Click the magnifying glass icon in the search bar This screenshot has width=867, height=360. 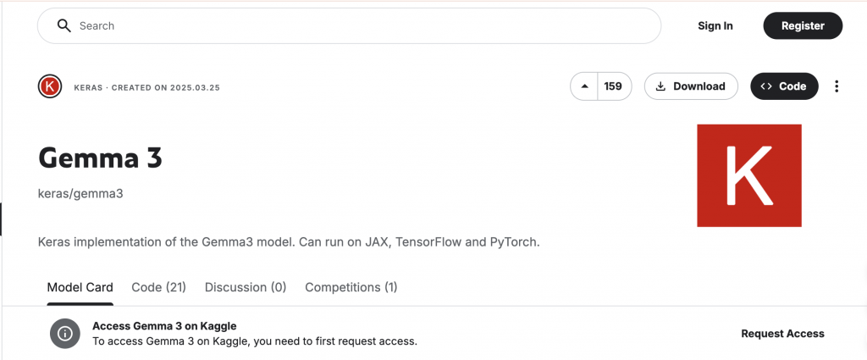coord(64,25)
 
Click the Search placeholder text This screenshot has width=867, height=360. coord(97,26)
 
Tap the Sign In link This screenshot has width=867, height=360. coord(715,25)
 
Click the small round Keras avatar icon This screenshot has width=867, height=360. coord(50,86)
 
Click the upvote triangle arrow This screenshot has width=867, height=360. coord(584,86)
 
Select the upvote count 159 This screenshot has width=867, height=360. coord(613,86)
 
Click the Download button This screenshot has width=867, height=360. coord(691,86)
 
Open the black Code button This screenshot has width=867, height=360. coord(784,86)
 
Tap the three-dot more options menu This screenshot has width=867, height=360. coord(837,86)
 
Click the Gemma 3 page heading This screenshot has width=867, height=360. coord(100,158)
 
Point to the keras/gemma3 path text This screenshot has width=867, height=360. coord(80,193)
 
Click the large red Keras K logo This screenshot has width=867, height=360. coord(749,175)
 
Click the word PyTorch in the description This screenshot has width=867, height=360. coord(514,242)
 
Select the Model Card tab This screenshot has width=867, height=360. coord(80,287)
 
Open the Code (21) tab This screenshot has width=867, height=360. coord(158,287)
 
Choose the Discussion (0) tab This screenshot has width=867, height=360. coord(246,287)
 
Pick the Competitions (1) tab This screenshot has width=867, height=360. coord(351,287)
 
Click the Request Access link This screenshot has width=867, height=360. coord(782,334)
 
